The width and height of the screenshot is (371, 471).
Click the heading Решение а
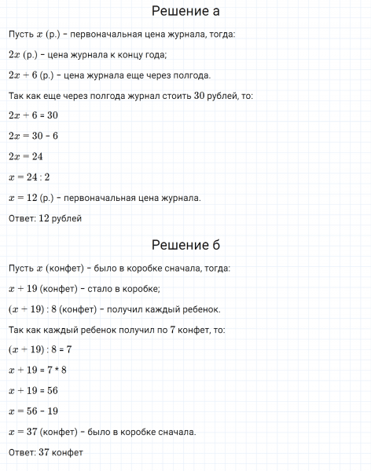185,12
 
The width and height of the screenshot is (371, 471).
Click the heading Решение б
185,245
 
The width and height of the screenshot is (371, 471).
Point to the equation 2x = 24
25,156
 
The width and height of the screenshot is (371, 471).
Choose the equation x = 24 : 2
28,177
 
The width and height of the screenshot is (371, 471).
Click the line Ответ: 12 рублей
45,217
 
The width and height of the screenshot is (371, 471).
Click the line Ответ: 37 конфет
46,452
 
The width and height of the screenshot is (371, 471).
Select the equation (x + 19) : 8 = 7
39,349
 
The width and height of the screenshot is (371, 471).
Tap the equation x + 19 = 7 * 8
37,370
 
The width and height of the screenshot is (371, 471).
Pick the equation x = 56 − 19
32,411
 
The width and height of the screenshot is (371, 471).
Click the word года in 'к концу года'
155,54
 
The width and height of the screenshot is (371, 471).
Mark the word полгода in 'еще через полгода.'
193,75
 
